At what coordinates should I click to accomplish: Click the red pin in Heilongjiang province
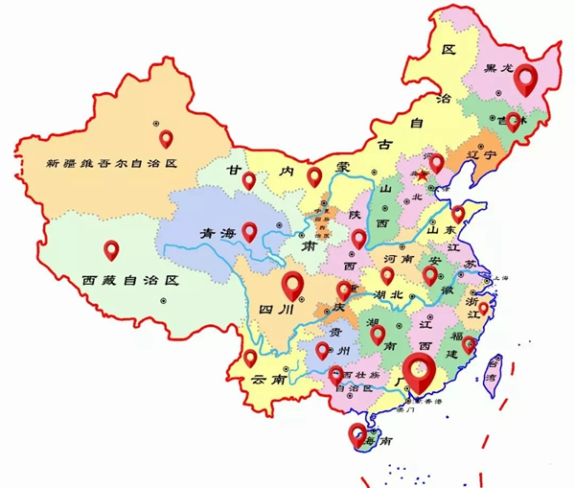pos(525,77)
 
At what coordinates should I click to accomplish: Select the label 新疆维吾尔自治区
pos(112,164)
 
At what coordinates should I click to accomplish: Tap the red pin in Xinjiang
pos(166,138)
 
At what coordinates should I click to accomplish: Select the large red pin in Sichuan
pos(292,284)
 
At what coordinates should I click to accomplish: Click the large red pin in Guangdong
pos(417,369)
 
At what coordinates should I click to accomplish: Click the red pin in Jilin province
pos(514,121)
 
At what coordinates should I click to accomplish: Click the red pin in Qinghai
pos(249,230)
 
